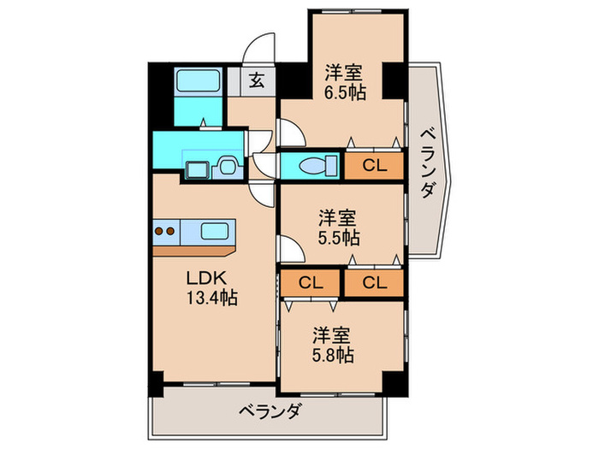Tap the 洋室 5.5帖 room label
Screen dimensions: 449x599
click(x=339, y=227)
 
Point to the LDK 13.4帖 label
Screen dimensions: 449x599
click(x=211, y=289)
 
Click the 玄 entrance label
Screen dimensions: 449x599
click(x=256, y=82)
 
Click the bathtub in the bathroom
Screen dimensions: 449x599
click(x=199, y=83)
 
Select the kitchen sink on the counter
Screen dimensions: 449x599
click(x=214, y=230)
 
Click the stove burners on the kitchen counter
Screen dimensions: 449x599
click(x=165, y=230)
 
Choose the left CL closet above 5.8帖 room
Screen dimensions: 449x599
click(x=311, y=282)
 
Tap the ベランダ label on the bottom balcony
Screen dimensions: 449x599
click(x=269, y=411)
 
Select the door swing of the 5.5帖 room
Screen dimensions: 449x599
click(x=289, y=251)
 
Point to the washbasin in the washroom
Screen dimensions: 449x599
click(x=227, y=165)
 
